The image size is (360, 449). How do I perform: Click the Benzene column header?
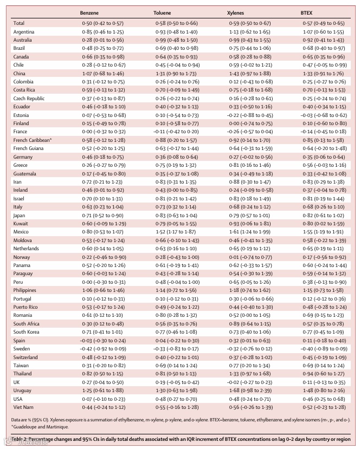point(89,11)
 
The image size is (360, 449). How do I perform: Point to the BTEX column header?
point(307,11)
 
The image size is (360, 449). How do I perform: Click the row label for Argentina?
point(24,32)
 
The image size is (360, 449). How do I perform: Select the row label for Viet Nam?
point(24,407)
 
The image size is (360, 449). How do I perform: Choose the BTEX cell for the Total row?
point(323,23)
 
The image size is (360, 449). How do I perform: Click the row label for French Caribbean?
point(32,140)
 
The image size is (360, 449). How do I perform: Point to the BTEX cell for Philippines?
point(323,290)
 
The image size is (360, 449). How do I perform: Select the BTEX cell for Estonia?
point(323,115)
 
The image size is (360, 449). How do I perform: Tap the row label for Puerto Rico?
point(27,307)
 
